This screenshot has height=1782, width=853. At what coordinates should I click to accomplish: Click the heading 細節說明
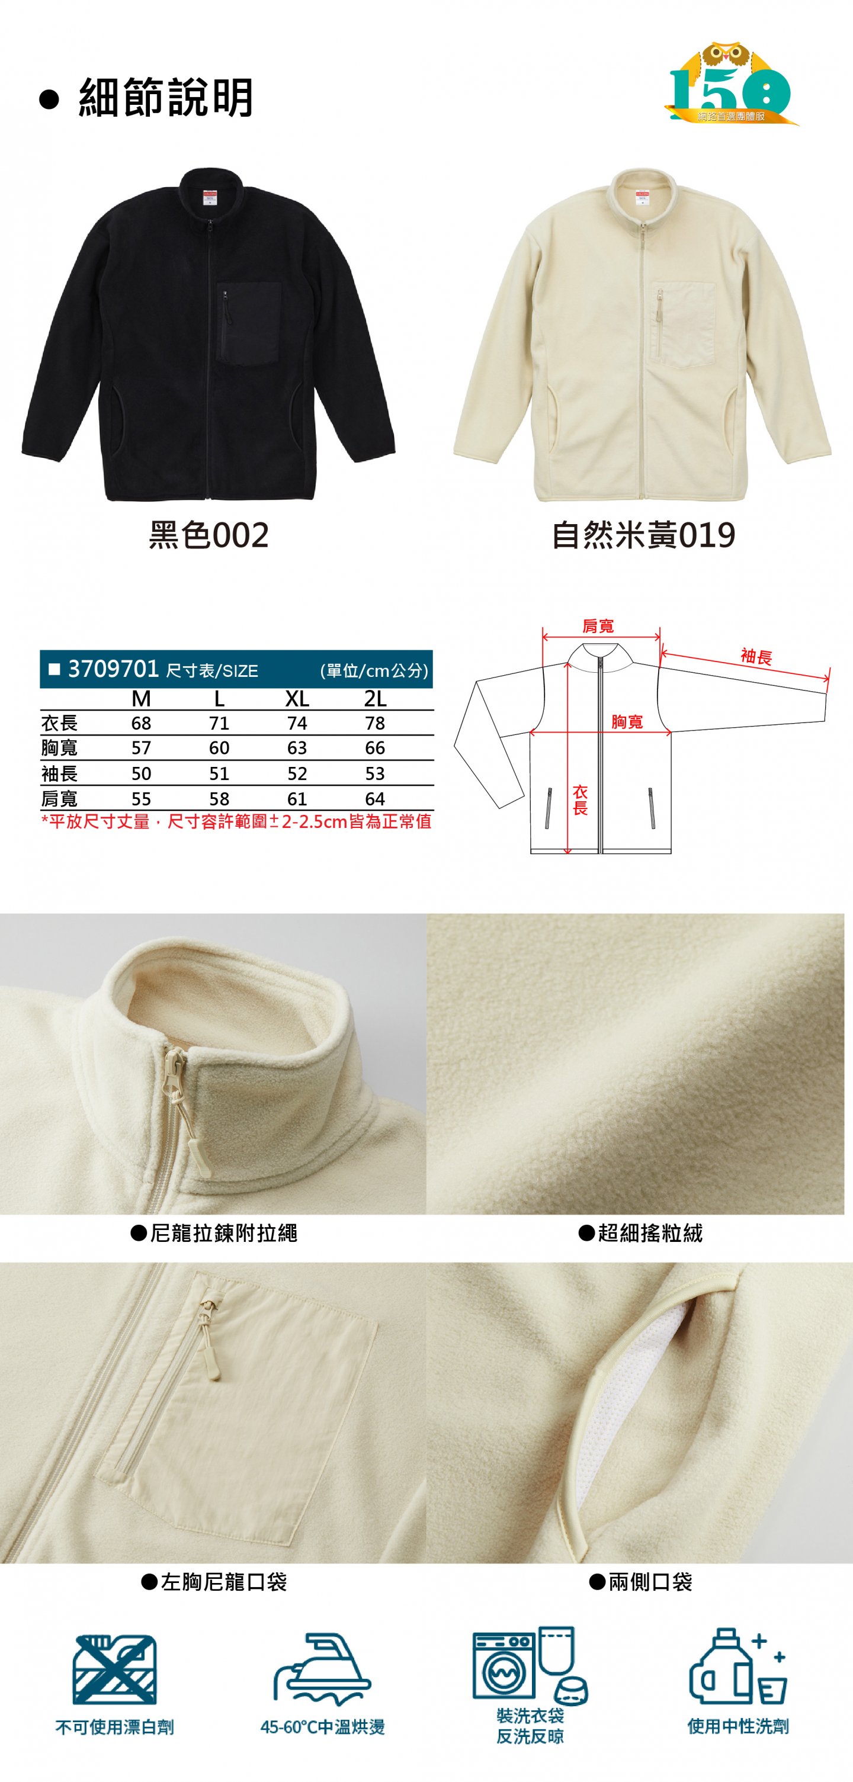pos(166,97)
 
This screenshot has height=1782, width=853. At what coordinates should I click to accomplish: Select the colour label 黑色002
pos(209,535)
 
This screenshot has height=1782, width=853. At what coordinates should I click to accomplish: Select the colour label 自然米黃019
pos(643,535)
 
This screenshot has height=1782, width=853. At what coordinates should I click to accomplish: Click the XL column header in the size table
pos(297,699)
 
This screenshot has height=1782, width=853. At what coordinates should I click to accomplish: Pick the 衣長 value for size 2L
pos(375,724)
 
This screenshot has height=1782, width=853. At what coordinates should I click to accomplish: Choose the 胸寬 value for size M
pos(141,749)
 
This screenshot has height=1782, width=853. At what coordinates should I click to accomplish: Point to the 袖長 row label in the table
pos(59,773)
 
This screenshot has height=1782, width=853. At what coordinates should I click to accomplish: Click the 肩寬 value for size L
pos(219,799)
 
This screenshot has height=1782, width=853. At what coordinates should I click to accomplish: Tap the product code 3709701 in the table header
pos(114,669)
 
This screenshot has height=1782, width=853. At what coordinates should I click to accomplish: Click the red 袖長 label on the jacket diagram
pos(756,657)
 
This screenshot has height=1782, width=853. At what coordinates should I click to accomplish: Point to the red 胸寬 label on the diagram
pos(627,722)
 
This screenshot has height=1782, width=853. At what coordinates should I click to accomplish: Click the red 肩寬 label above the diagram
pos(598,626)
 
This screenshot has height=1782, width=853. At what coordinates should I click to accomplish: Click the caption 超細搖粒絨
pos(650,1233)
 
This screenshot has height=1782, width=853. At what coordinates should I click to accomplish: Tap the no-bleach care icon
pos(115,1669)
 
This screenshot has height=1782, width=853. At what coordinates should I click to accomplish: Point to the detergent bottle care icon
pos(738,1666)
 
